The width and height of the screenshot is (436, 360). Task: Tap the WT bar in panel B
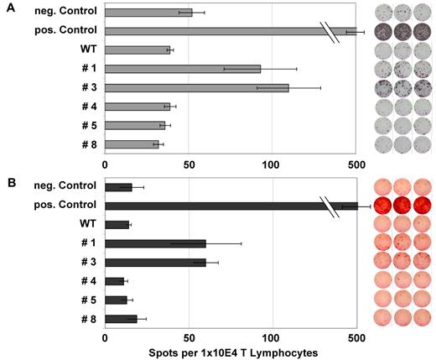pyautogui.click(x=117, y=225)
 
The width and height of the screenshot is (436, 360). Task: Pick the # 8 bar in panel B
pyautogui.click(x=121, y=319)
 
